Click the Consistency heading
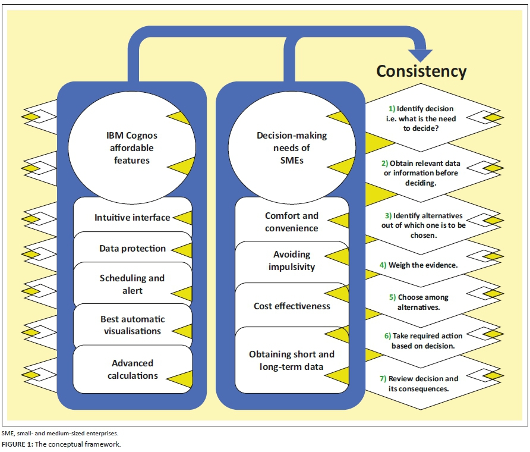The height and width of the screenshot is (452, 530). (x=421, y=71)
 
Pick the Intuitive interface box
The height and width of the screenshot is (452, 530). (x=132, y=218)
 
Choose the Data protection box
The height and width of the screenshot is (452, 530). (x=132, y=249)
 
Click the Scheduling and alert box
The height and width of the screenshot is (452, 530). (x=132, y=284)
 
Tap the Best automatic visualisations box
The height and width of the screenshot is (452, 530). (x=132, y=325)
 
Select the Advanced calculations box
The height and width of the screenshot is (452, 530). (x=132, y=369)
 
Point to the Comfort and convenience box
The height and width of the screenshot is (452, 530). (x=291, y=222)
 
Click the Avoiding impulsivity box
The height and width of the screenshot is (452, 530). (x=291, y=261)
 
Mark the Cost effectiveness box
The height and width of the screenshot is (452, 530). (x=291, y=306)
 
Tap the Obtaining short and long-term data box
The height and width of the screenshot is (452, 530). (x=291, y=360)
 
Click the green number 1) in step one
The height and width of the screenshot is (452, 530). (x=392, y=109)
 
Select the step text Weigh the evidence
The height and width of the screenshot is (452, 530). (x=423, y=265)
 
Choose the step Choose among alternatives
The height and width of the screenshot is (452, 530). (x=423, y=302)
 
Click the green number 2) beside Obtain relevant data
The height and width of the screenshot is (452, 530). (x=386, y=163)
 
